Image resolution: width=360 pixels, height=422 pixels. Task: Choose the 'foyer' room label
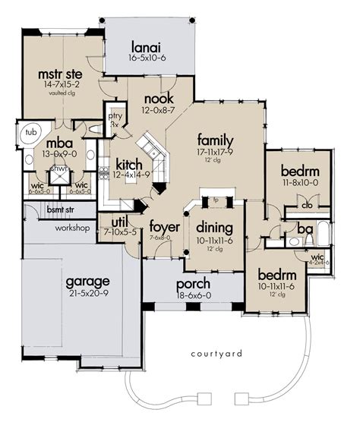(x=163, y=226)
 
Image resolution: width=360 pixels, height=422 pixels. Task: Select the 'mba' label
(x=58, y=142)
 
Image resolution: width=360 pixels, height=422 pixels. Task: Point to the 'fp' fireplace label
(x=215, y=200)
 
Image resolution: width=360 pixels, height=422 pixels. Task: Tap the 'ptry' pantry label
(x=115, y=116)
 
